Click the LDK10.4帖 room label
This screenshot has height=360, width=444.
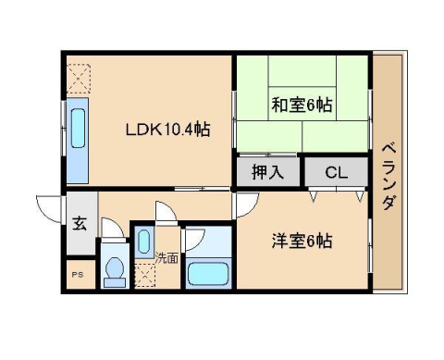pyautogui.click(x=167, y=130)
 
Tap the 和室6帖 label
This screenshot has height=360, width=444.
pyautogui.click(x=302, y=105)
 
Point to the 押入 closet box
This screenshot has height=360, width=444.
pyautogui.click(x=263, y=172)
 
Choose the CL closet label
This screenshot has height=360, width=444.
pyautogui.click(x=336, y=172)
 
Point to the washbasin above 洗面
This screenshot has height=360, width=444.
pyautogui.click(x=144, y=242)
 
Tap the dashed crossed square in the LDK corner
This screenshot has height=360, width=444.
pyautogui.click(x=80, y=73)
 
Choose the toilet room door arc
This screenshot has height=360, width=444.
pyautogui.click(x=110, y=228)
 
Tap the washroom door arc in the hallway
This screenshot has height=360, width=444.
pyautogui.click(x=166, y=213)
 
